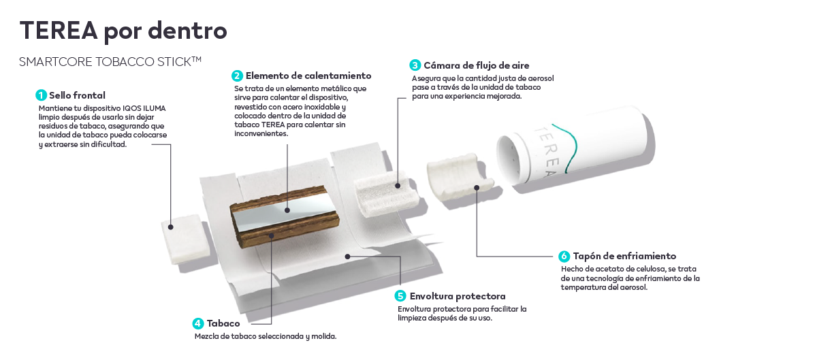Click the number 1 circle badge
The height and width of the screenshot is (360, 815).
click(41, 95)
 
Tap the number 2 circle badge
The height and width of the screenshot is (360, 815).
click(237, 76)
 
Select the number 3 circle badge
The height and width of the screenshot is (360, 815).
click(415, 65)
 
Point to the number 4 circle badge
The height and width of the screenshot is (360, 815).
click(198, 324)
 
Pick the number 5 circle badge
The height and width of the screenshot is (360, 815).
click(400, 296)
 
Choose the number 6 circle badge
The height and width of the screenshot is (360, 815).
click(564, 256)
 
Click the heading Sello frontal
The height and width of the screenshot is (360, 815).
click(77, 95)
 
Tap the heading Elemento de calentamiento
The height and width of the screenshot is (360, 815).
click(308, 76)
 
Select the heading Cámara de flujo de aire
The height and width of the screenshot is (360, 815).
click(476, 65)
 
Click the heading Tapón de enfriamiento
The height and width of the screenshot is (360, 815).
click(624, 256)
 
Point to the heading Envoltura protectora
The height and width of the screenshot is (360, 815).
click(458, 296)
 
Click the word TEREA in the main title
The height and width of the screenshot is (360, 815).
click(59, 31)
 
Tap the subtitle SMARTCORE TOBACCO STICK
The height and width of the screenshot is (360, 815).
click(110, 62)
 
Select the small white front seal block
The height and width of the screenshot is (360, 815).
click(186, 238)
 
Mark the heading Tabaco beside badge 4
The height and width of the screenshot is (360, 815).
click(223, 324)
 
